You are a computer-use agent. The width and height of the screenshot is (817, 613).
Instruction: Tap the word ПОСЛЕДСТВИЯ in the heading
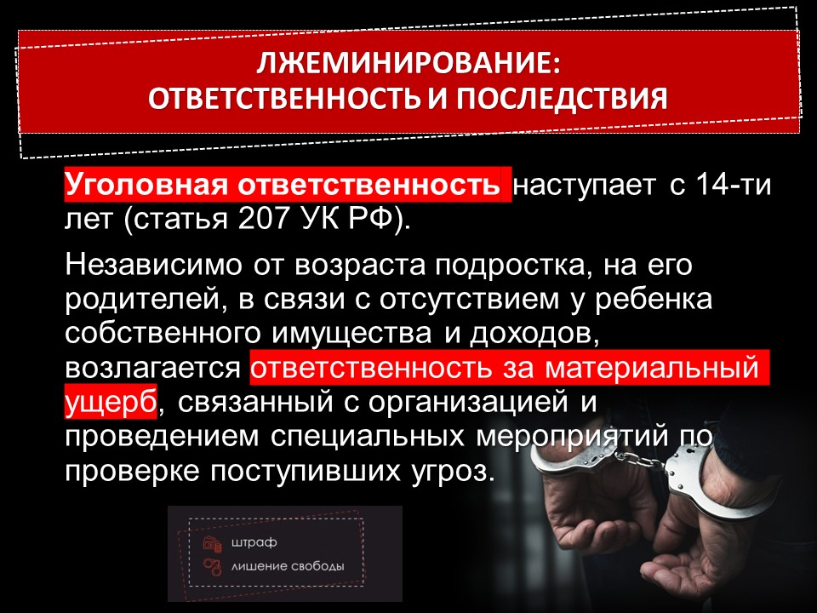pos(562,99)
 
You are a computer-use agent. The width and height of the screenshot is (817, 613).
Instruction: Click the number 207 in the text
pos(263,219)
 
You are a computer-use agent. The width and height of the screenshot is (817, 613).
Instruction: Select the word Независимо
pos(154,265)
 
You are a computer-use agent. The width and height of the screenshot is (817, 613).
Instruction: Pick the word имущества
pos(351,335)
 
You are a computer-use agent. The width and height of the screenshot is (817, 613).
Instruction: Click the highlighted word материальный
pos(652,368)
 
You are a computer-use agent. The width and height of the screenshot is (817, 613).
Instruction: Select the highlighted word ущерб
pos(111,401)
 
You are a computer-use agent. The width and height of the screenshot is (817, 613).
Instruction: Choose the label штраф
pos(254,542)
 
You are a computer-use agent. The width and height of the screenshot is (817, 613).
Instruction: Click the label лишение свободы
pos(288,566)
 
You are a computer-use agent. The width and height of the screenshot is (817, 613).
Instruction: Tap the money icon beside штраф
pos(213,543)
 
